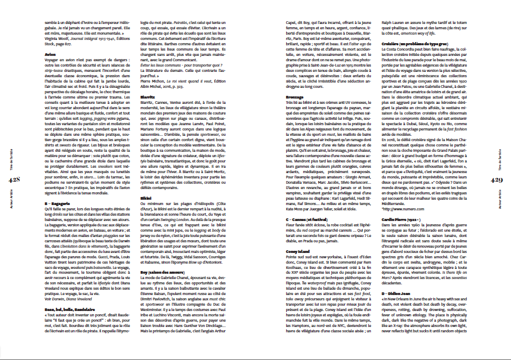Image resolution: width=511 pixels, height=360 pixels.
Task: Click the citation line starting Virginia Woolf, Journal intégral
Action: tap(88, 39)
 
